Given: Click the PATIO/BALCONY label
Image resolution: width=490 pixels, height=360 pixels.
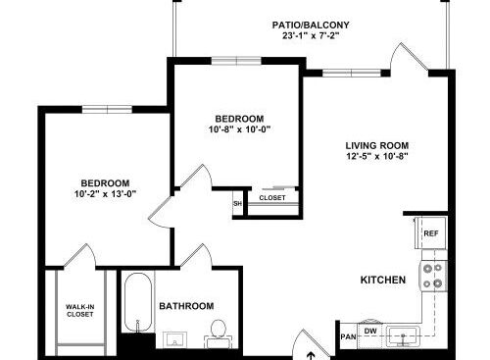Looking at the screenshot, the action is (311, 25).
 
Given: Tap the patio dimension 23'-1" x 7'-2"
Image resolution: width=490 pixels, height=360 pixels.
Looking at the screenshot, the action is (310, 35).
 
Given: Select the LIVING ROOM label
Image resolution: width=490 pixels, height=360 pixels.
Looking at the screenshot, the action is (377, 145).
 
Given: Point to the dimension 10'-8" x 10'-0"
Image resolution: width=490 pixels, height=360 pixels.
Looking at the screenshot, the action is (240, 129).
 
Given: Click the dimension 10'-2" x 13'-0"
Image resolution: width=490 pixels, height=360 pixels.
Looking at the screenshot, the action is (105, 194).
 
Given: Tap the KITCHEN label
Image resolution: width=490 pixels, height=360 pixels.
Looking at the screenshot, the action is (383, 280).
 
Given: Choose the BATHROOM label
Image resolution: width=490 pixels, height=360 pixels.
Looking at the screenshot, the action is (186, 306).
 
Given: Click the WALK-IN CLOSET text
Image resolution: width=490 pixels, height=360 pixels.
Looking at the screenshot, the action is (80, 311).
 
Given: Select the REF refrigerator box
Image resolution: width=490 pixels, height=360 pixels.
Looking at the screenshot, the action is (430, 232).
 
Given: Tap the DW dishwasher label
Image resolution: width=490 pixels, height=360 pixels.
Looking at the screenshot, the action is (370, 331).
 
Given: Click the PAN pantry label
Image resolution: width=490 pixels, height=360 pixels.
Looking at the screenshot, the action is (349, 336).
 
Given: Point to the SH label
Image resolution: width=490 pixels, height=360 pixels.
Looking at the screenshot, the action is (237, 203).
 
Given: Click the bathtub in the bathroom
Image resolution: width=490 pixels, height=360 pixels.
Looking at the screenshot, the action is (138, 302).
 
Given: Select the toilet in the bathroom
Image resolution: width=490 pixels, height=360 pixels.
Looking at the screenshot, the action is (219, 333).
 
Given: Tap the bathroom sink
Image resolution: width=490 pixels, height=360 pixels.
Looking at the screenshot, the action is (175, 339).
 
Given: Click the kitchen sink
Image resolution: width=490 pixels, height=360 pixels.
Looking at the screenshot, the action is (403, 336).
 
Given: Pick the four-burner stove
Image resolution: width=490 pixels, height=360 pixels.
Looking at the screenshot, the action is (433, 276).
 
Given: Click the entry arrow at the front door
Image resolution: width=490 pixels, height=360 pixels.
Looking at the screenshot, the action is (312, 355).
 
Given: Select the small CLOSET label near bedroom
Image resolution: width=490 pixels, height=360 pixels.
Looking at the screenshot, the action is (272, 198).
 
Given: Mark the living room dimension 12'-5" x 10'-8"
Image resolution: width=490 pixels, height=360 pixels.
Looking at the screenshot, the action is (377, 156).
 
